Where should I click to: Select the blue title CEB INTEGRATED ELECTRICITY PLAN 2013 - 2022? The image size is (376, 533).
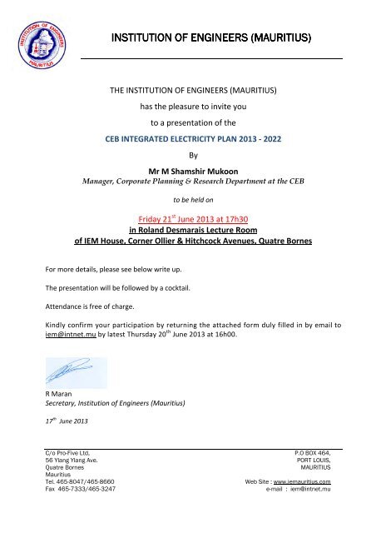click(x=187, y=138)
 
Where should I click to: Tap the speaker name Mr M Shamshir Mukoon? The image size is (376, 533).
click(x=187, y=167)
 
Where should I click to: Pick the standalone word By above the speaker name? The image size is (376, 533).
click(x=187, y=153)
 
